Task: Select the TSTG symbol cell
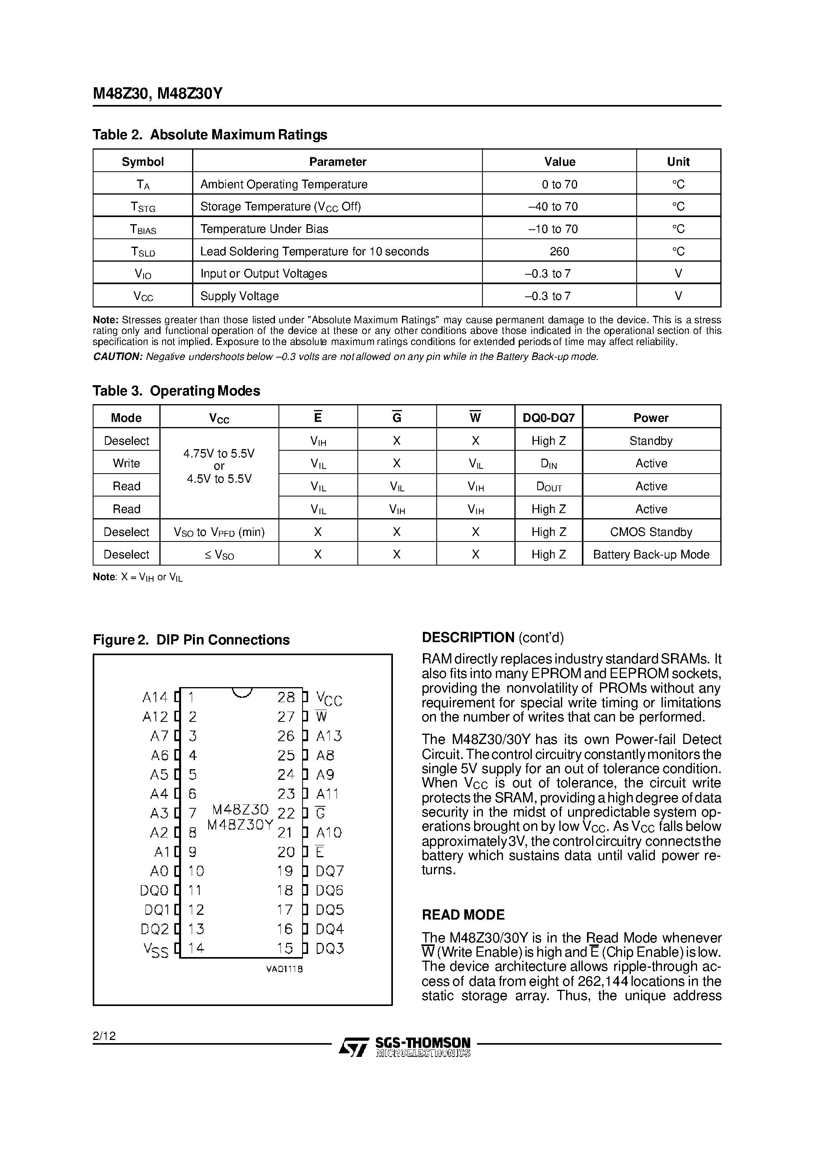[143, 206]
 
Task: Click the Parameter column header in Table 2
[337, 162]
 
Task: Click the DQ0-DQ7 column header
[549, 418]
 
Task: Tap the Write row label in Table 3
[126, 463]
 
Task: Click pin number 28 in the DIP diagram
[286, 697]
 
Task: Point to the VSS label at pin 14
[156, 950]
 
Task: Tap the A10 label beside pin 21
[329, 833]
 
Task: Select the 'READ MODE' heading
[463, 915]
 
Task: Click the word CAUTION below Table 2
[118, 357]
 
